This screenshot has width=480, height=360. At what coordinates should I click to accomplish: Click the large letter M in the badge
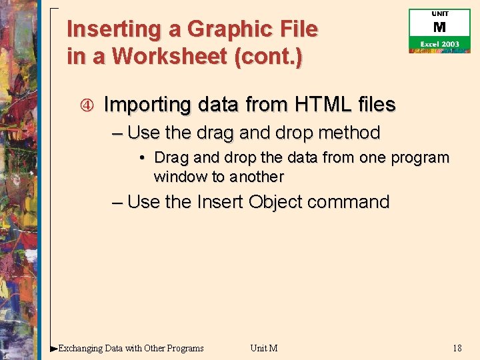[439, 28]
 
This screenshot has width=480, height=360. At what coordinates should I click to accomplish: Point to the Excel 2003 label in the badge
[439, 44]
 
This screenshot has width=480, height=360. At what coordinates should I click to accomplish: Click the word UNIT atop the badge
[440, 13]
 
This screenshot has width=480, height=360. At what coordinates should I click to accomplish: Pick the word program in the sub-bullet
[421, 158]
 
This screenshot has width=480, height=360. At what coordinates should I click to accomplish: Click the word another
[257, 177]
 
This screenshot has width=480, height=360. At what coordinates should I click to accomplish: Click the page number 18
[457, 348]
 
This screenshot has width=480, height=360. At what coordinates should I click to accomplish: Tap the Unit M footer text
[263, 348]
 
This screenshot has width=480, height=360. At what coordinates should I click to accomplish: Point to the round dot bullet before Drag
[143, 159]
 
